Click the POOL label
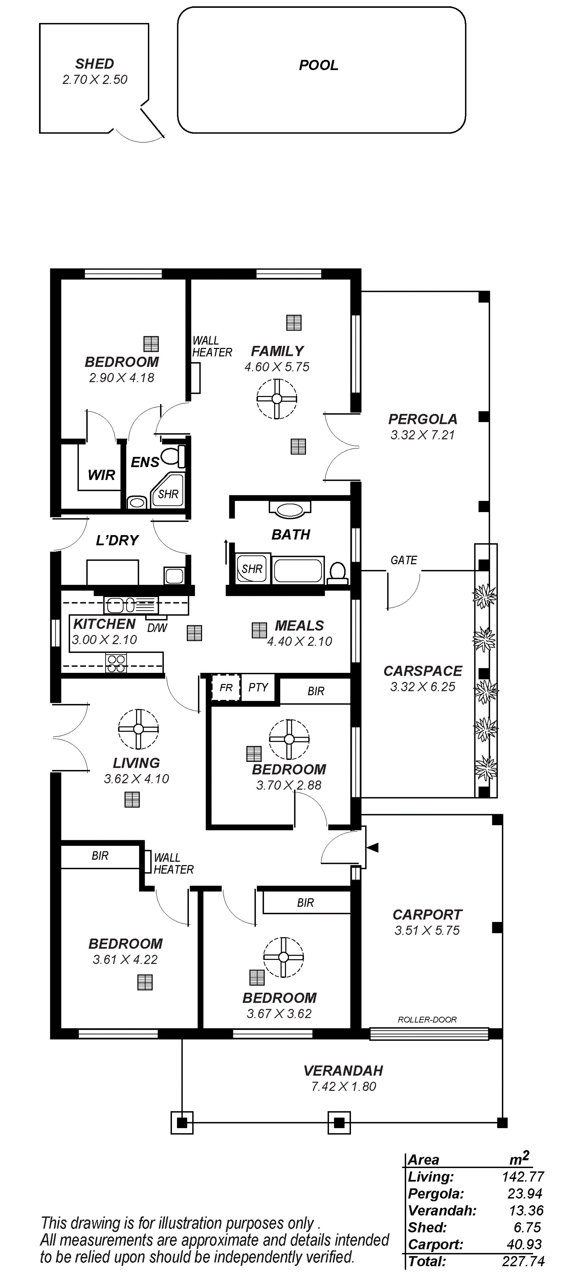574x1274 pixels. click(x=318, y=65)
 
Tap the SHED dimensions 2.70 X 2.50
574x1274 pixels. click(x=95, y=80)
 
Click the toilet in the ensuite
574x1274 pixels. click(x=174, y=456)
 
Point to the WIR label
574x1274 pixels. click(x=101, y=475)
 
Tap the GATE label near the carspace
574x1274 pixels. click(x=404, y=560)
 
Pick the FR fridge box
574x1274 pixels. click(x=226, y=688)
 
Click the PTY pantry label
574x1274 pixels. click(x=258, y=688)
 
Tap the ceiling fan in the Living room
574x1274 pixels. click(x=138, y=729)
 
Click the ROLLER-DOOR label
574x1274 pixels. click(x=427, y=1020)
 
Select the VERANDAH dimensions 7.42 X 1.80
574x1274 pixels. click(x=343, y=1087)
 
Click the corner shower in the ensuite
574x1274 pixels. click(x=168, y=490)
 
